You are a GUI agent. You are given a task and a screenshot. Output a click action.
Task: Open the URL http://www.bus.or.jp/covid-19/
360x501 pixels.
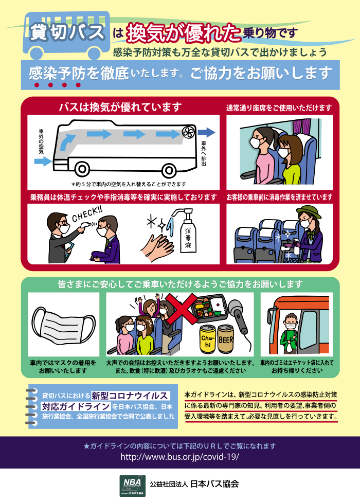[x=179, y=457]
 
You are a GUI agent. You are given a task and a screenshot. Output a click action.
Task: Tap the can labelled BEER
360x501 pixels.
[x=226, y=339]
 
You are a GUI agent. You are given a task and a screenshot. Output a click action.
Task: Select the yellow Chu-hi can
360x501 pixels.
[x=208, y=340]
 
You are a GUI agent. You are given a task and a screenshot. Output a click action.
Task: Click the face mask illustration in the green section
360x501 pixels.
[x=64, y=324]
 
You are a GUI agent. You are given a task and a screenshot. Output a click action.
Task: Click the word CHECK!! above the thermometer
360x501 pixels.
[x=87, y=214]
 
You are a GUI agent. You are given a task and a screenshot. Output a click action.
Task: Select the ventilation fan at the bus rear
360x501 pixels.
[x=188, y=132]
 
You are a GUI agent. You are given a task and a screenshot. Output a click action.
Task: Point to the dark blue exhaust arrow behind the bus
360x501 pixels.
[x=206, y=132]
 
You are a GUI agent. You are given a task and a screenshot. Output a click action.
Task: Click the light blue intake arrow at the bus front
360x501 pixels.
[x=43, y=161]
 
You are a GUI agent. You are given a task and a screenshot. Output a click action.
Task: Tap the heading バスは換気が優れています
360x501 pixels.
[x=120, y=106]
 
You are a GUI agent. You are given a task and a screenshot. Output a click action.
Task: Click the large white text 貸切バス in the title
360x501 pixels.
[x=67, y=32]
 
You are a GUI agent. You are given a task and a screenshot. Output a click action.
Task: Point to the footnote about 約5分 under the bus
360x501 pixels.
[x=129, y=184]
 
